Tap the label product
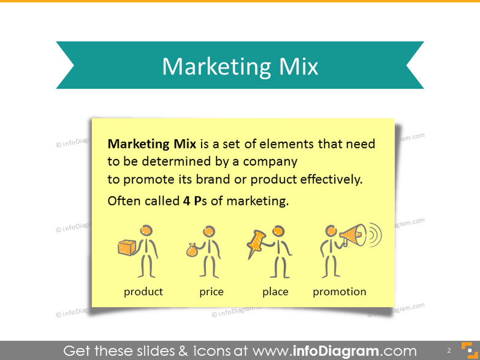[x=143, y=292]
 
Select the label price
[x=211, y=292]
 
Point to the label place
[x=275, y=292]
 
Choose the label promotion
[x=340, y=292]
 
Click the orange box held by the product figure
[x=127, y=247]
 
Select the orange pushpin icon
[x=256, y=243]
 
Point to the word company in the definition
[x=270, y=162]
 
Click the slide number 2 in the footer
[x=449, y=350]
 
